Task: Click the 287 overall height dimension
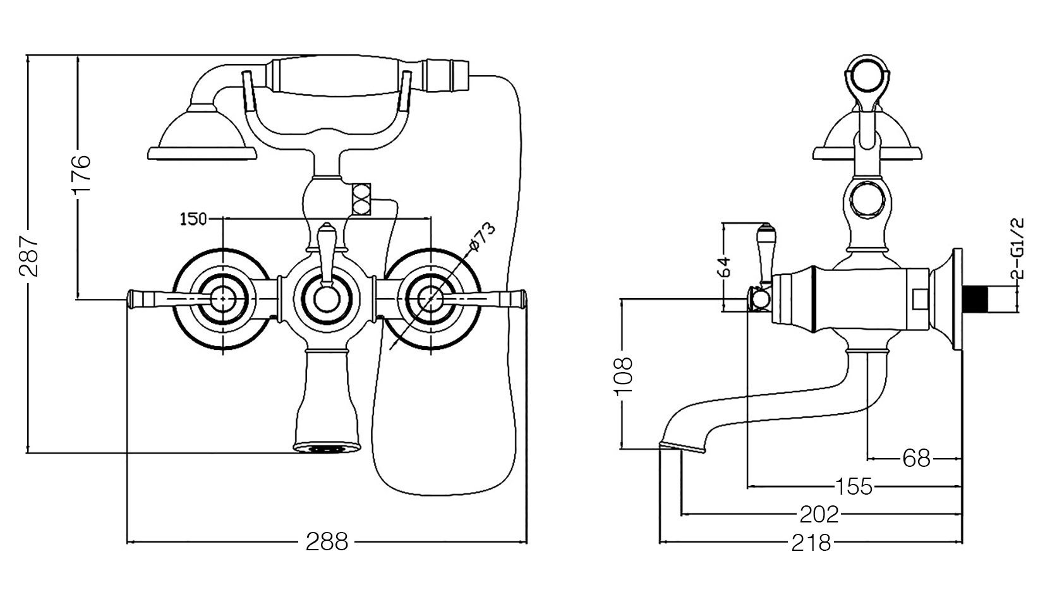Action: pos(28,256)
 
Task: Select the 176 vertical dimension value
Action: pos(80,174)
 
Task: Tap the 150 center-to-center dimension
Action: pos(193,219)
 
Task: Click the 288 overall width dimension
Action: pos(327,542)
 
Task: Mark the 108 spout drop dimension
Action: pos(623,375)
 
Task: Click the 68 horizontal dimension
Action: pos(917,459)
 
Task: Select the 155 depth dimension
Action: pos(854,486)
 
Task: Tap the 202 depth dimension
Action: pos(819,514)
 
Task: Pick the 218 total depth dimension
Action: pos(811,543)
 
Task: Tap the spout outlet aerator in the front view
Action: pos(327,449)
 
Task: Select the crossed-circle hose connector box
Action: pos(361,199)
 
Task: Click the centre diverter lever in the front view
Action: pos(326,254)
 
